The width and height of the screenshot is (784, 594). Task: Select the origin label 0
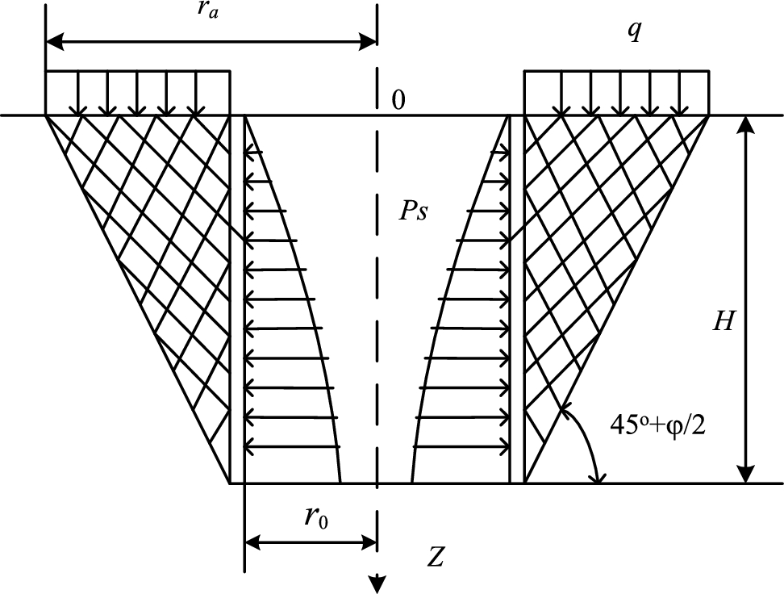(x=397, y=99)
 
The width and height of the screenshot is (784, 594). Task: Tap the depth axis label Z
(x=436, y=556)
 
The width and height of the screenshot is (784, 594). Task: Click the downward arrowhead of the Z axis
(x=377, y=582)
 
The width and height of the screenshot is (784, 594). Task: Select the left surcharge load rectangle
(x=138, y=93)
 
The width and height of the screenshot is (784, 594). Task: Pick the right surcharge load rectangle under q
(x=616, y=93)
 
